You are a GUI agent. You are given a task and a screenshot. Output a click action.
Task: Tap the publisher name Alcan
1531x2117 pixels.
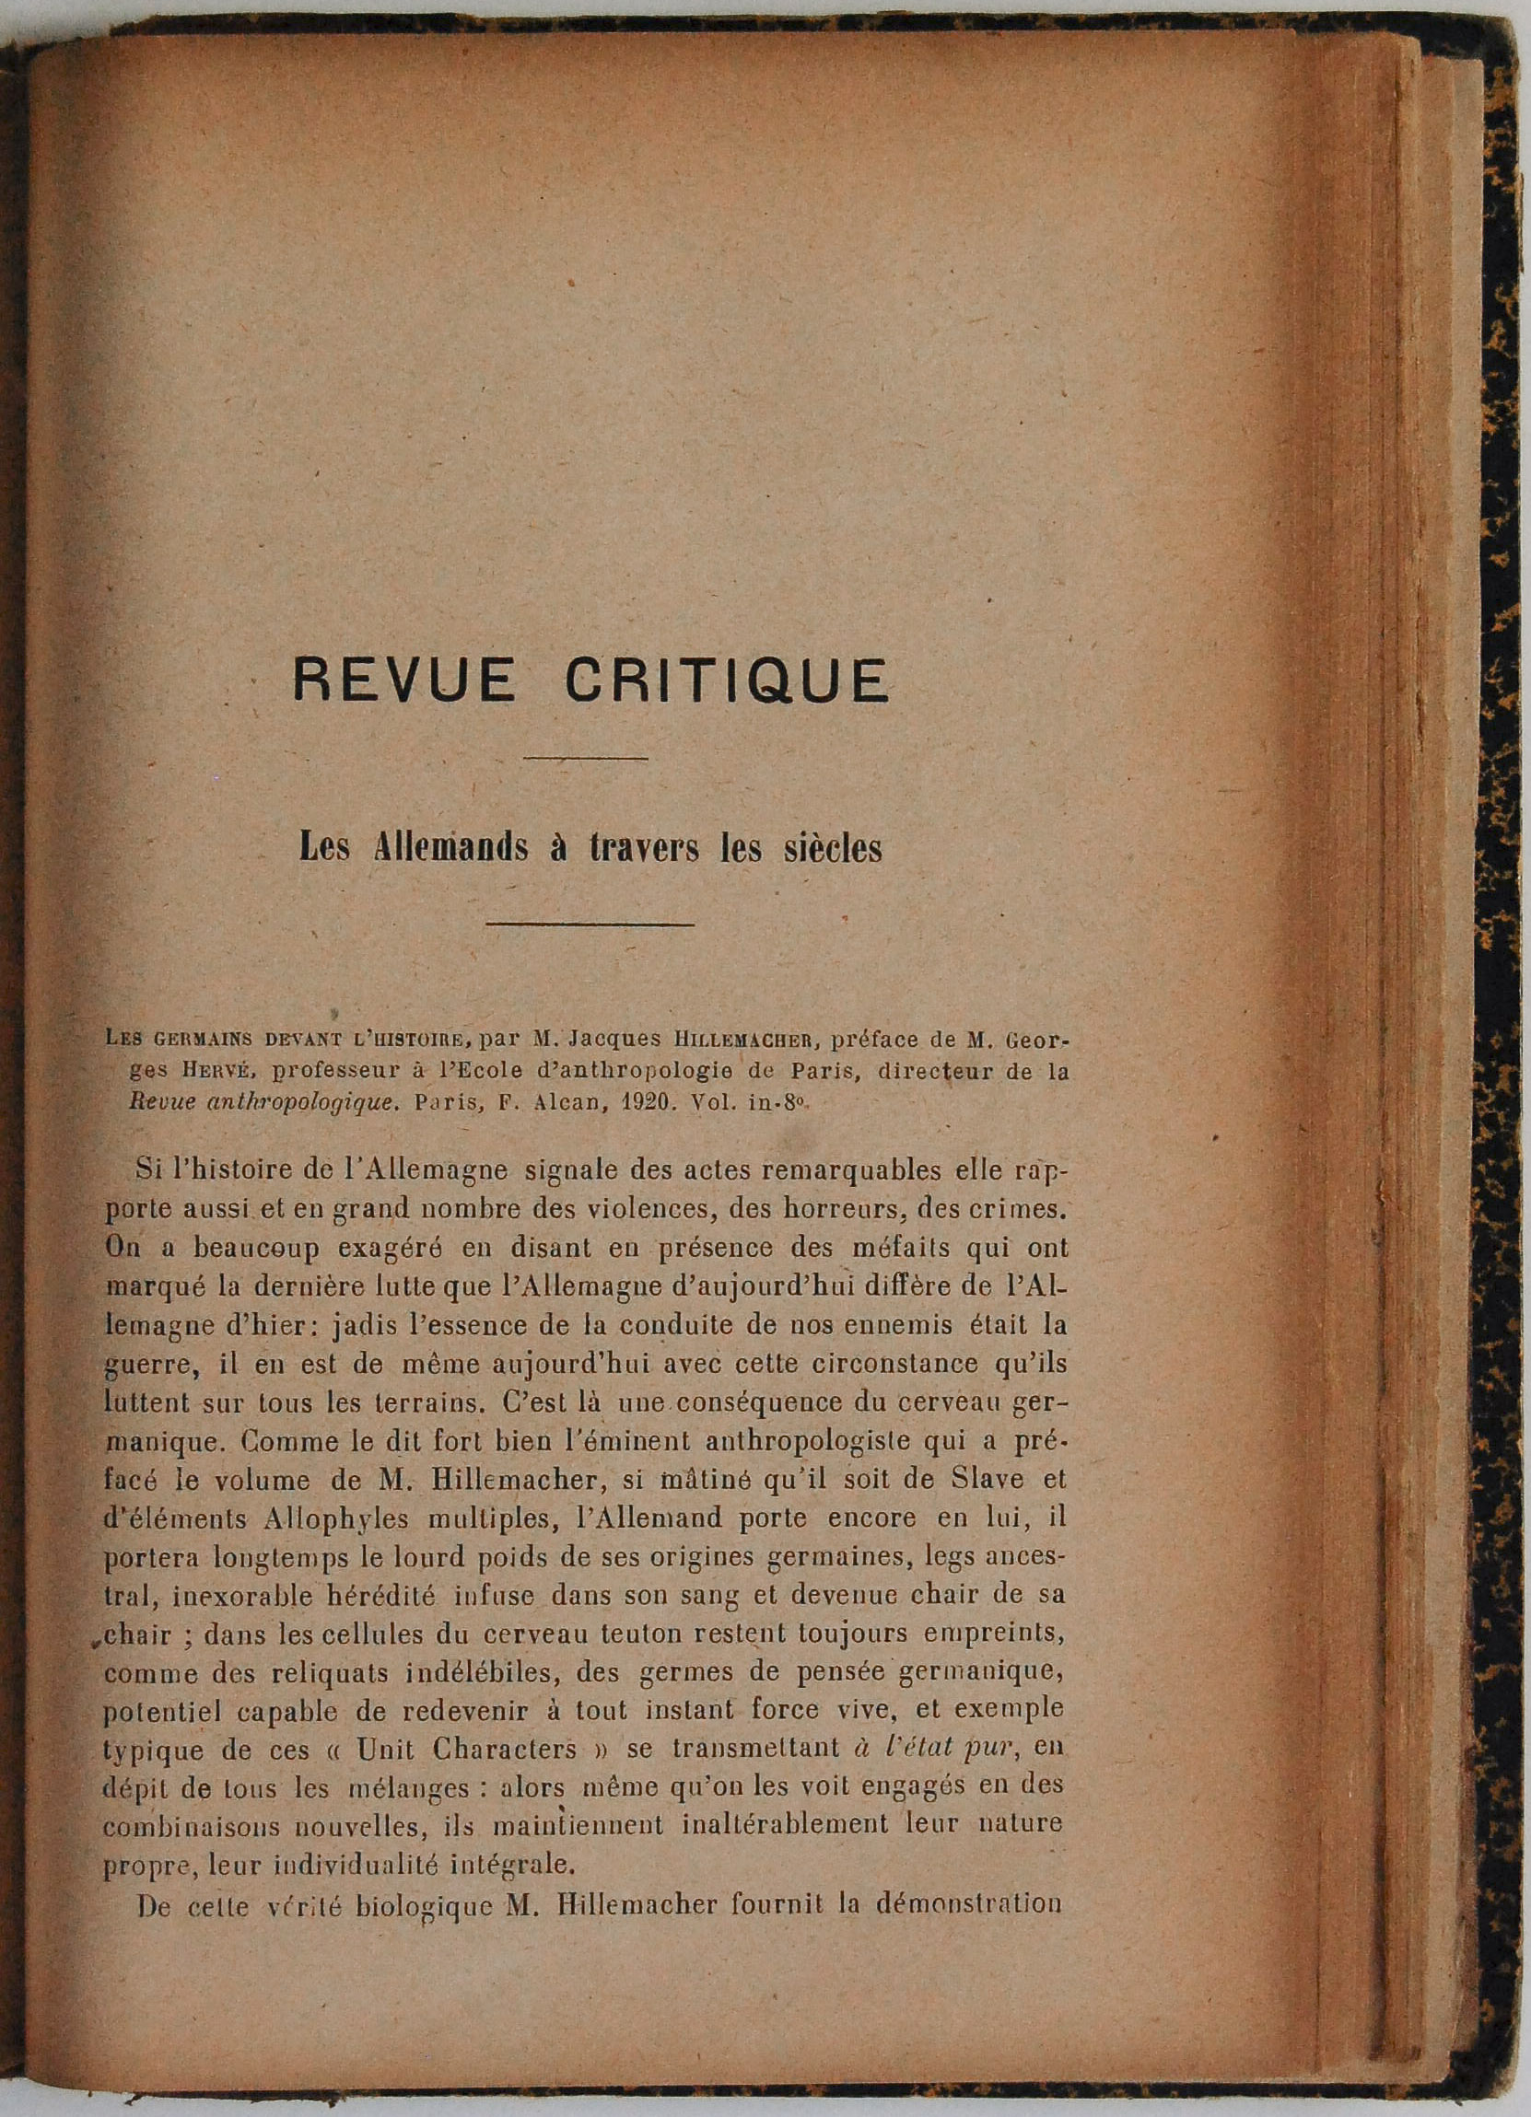coord(558,1101)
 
